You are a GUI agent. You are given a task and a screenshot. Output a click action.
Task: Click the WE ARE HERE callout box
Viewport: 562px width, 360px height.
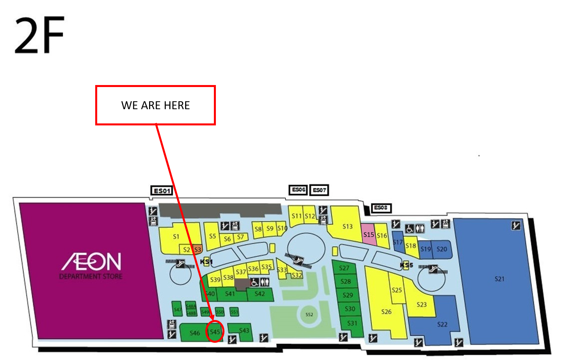coord(155,105)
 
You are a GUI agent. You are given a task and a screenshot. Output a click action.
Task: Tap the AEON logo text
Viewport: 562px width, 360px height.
coord(92,261)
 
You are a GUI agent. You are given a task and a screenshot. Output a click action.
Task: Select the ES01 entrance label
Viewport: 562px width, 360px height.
coord(162,191)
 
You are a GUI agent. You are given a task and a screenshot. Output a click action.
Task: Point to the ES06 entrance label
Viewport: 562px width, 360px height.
coord(299,190)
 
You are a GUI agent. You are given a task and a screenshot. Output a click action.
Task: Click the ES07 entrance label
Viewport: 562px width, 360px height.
coord(319,190)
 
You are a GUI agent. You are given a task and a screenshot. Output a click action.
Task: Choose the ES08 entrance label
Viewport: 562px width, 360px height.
coord(381,208)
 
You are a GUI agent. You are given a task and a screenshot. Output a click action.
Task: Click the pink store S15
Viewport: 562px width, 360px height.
coord(369,235)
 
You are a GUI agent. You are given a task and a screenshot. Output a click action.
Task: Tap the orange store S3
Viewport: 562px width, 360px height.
coord(198,249)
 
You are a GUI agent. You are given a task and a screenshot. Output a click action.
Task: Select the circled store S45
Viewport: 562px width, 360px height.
coord(215,332)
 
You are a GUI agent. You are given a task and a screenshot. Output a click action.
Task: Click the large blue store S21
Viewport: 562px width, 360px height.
coord(499,279)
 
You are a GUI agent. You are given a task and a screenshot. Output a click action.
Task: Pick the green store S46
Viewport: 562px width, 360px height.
coord(194,333)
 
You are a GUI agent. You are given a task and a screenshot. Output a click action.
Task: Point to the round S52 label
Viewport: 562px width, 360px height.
coord(309,314)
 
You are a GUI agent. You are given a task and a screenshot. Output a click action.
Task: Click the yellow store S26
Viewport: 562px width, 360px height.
coord(386,311)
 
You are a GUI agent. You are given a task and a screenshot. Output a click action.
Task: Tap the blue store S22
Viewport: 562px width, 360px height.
coord(442,324)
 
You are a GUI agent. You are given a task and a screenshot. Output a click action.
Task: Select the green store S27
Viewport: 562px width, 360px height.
coord(344,268)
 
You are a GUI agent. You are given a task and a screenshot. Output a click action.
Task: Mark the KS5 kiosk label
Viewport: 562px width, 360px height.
coord(407,265)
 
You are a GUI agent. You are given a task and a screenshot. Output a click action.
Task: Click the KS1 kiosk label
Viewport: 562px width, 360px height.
coord(206,262)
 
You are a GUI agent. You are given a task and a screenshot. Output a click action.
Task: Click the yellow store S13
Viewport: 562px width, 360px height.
coord(347,226)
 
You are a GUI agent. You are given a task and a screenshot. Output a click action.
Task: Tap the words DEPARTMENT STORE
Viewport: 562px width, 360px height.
coord(91,277)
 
